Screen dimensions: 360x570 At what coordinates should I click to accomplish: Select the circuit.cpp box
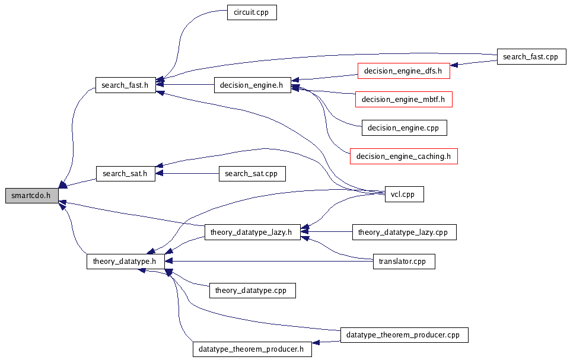(x=252, y=12)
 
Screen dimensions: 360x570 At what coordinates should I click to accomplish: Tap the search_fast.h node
(x=125, y=85)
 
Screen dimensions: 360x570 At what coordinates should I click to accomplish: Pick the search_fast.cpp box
(x=531, y=57)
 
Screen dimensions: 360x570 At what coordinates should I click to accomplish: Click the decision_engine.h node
(x=252, y=85)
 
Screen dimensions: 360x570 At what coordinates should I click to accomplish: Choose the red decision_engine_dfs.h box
(x=403, y=71)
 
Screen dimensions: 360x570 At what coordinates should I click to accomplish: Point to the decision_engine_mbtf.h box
(x=403, y=100)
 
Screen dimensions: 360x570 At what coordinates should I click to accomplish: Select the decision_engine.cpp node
(x=403, y=128)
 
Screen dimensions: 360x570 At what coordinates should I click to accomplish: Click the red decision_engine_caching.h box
(x=403, y=157)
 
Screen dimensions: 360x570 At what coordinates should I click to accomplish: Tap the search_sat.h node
(x=125, y=174)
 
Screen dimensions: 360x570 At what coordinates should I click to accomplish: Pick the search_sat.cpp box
(x=252, y=174)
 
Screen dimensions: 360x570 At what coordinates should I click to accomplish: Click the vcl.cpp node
(x=403, y=194)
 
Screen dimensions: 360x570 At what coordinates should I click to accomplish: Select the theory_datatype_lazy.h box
(x=251, y=232)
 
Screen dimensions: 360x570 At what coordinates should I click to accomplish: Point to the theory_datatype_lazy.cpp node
(x=404, y=232)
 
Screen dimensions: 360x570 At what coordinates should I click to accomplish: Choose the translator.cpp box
(x=403, y=262)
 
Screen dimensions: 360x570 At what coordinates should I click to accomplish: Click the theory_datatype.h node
(x=125, y=262)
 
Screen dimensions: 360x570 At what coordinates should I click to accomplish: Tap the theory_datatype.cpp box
(x=252, y=291)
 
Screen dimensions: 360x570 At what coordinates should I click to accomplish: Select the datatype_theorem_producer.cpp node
(x=404, y=335)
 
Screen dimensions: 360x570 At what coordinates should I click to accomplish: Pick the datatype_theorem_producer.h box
(x=252, y=349)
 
